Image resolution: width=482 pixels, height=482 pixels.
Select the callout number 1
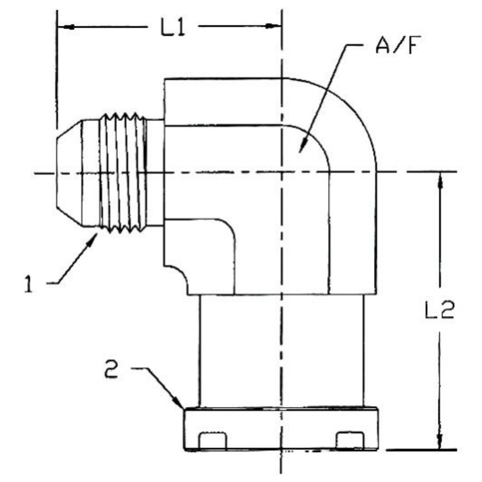coord(29,285)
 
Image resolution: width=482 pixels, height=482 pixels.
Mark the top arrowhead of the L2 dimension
coord(440,179)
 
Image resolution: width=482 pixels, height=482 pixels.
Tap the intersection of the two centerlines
coord(281,172)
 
